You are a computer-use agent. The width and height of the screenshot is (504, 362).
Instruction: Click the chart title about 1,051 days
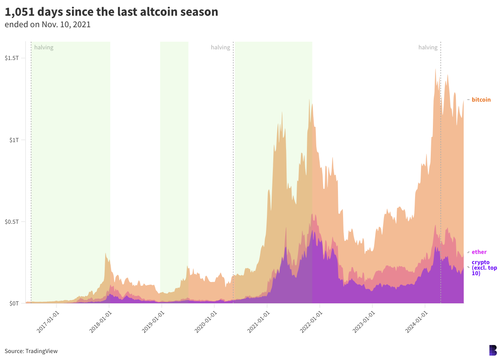coord(112,12)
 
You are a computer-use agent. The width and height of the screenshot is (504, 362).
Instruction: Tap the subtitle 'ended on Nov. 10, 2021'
coord(47,24)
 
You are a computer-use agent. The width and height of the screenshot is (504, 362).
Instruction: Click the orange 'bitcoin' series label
coord(481,100)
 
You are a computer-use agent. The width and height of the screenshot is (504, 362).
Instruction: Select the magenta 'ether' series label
coord(479,252)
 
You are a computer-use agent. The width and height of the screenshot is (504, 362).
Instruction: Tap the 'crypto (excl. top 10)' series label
coord(484,268)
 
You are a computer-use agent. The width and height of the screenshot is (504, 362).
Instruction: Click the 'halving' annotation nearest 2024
coord(428,47)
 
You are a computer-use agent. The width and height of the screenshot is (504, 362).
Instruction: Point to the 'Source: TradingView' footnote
coord(31,351)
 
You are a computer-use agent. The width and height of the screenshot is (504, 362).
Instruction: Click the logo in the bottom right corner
coord(493,350)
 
